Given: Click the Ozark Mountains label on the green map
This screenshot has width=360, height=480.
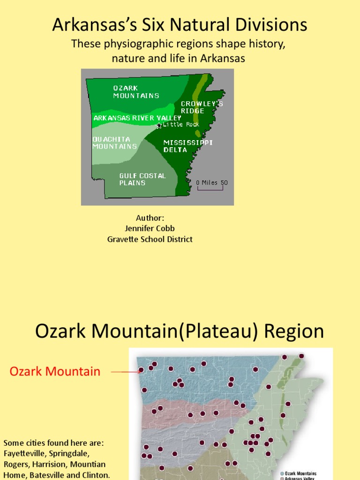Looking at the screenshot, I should pyautogui.click(x=136, y=92).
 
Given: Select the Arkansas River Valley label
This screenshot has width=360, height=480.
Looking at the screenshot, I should pyautogui.click(x=137, y=118).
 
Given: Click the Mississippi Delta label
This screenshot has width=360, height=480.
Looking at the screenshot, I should pyautogui.click(x=188, y=146).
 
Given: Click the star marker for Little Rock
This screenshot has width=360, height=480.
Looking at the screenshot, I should pyautogui.click(x=159, y=126).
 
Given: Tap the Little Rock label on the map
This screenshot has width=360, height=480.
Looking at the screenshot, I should pyautogui.click(x=181, y=125).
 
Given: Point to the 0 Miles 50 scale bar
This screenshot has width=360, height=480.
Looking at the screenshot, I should pyautogui.click(x=212, y=185).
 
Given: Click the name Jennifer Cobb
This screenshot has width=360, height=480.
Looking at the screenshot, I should pyautogui.click(x=150, y=228).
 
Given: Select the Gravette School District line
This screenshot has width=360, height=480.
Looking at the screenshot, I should pyautogui.click(x=150, y=239).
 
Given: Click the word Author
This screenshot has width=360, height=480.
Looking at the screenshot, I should pyautogui.click(x=150, y=218).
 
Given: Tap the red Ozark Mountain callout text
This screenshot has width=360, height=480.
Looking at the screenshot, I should pyautogui.click(x=55, y=372).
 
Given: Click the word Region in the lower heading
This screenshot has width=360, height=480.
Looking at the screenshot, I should pyautogui.click(x=294, y=331).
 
